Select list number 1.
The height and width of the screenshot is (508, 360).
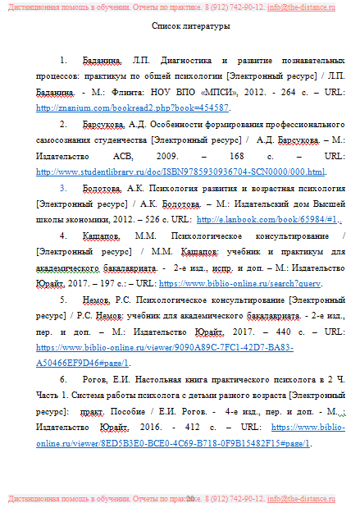point(65,61)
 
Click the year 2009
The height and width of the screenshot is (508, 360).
point(189,155)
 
